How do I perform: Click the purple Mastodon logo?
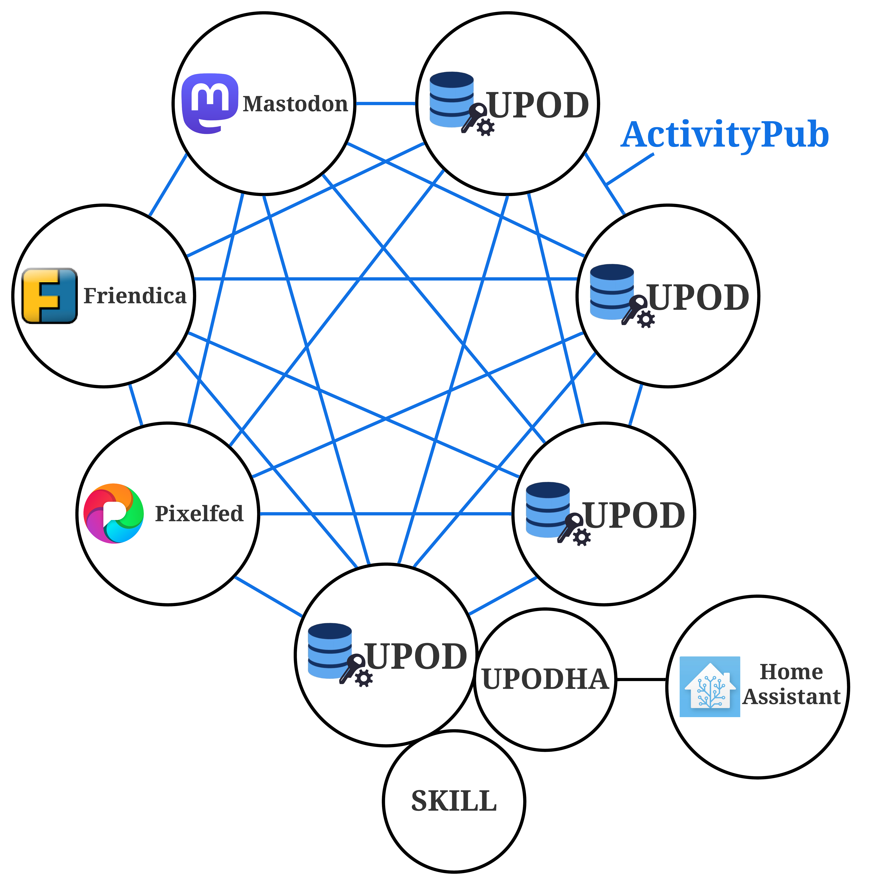pyautogui.click(x=210, y=103)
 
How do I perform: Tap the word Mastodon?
pyautogui.click(x=295, y=104)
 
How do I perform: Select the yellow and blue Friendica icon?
pyautogui.click(x=49, y=296)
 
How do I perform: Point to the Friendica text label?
pyautogui.click(x=135, y=296)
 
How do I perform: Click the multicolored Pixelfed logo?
pyautogui.click(x=114, y=513)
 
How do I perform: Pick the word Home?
pyautogui.click(x=791, y=672)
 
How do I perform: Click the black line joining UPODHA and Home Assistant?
pyautogui.click(x=641, y=679)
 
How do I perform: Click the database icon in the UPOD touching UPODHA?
pyautogui.click(x=330, y=650)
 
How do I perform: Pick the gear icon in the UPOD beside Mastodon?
pyautogui.click(x=485, y=127)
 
